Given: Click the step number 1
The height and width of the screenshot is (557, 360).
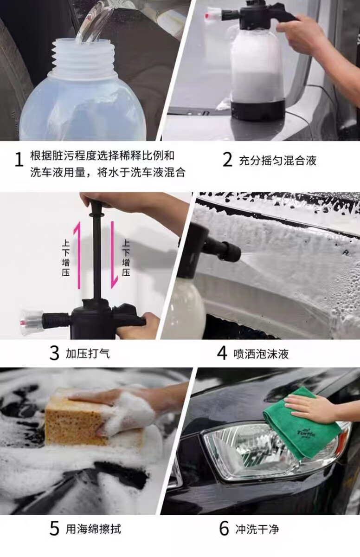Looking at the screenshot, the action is [19, 160].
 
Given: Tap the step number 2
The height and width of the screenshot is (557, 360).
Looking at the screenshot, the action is [227, 160].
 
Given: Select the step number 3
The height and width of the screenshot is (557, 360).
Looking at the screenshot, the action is [54, 353].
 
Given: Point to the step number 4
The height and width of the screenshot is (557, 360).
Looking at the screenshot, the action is [222, 353].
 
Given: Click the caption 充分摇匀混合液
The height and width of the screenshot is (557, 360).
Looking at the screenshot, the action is [277, 161].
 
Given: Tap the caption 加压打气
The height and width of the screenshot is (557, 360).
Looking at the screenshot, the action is [88, 354].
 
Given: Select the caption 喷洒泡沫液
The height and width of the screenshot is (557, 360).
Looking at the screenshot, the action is [261, 354].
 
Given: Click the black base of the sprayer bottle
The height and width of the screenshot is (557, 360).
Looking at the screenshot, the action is [258, 110].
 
